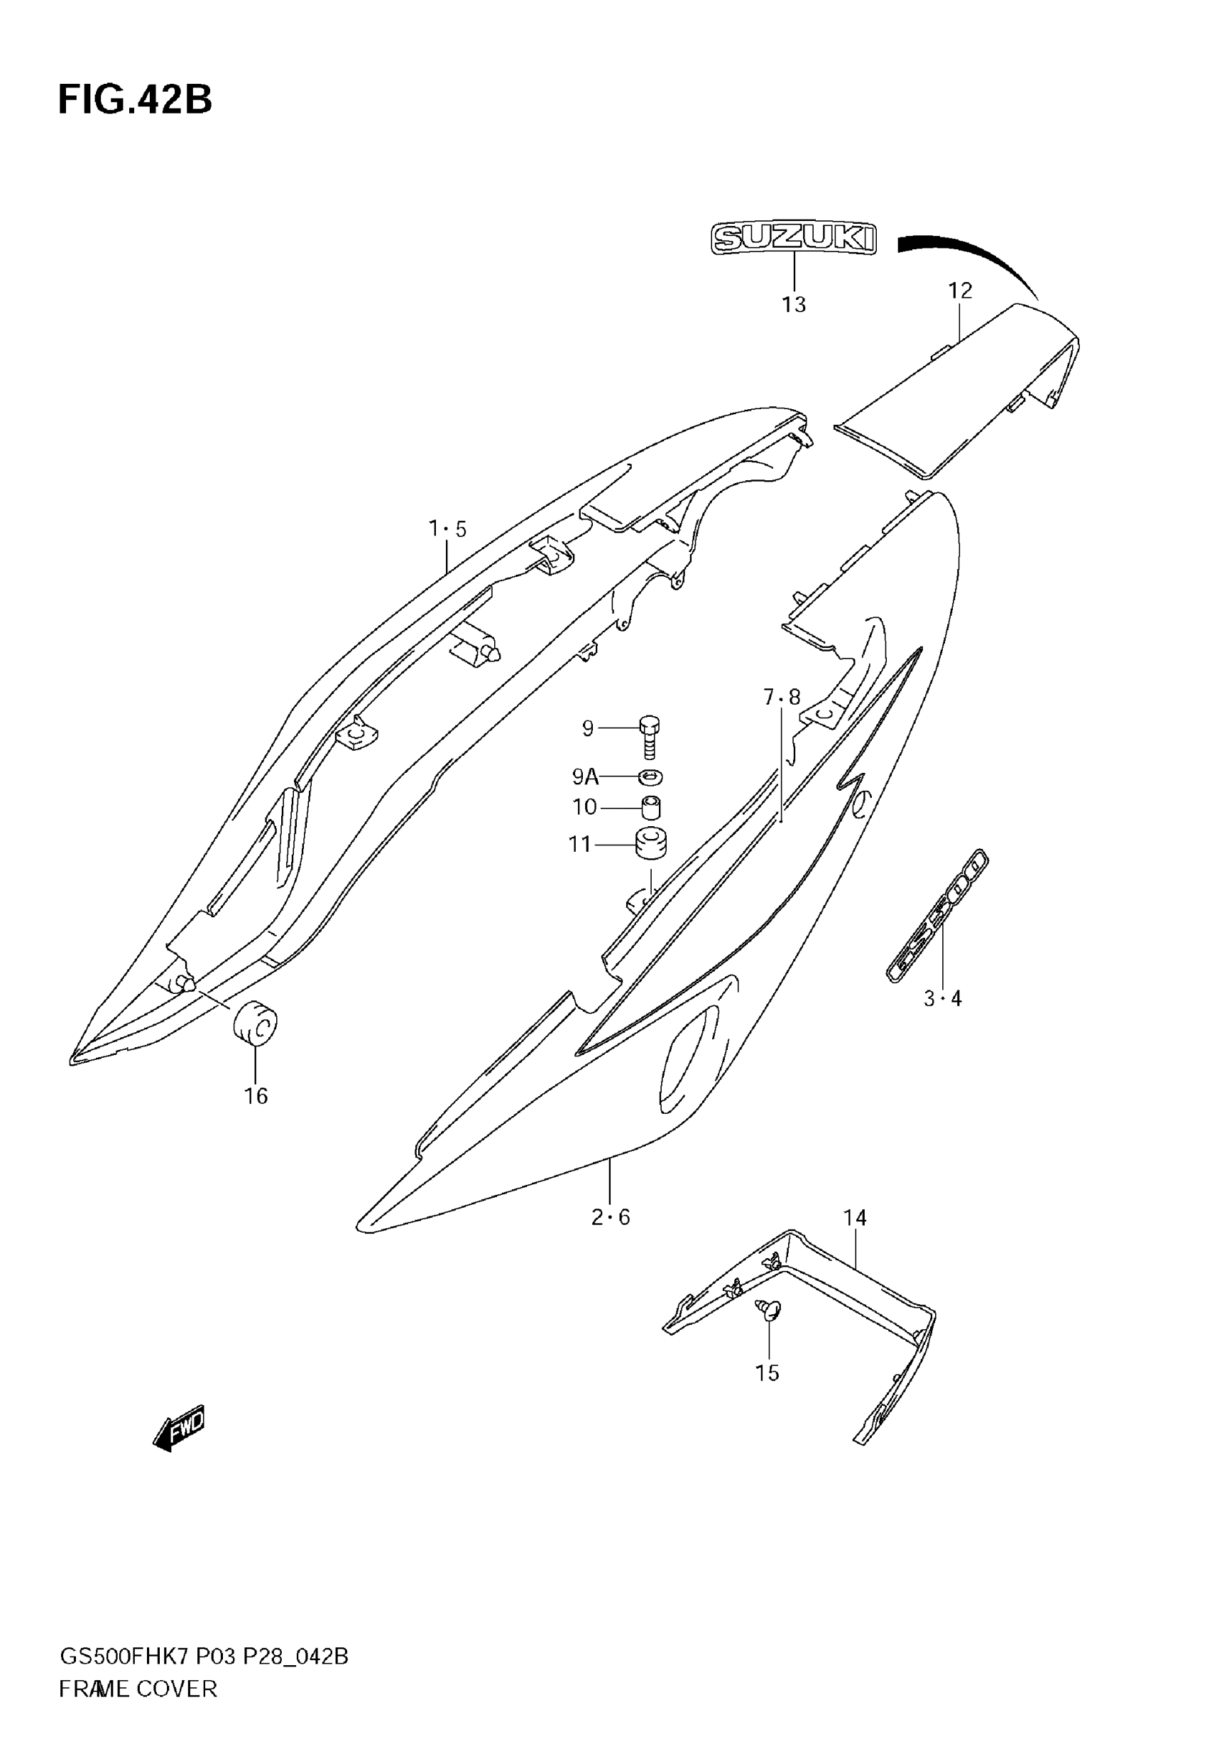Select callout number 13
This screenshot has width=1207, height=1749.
[x=793, y=304]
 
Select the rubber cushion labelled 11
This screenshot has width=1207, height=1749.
[x=650, y=844]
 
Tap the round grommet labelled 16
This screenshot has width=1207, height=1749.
[x=255, y=1024]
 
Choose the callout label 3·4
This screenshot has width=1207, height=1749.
[x=942, y=999]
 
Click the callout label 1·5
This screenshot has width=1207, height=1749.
[x=448, y=529]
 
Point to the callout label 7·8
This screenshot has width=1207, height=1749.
[x=781, y=697]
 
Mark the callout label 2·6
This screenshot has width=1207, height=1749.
[x=611, y=1217]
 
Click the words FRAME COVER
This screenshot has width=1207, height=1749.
[x=138, y=1689]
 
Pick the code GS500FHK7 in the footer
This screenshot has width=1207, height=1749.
[x=124, y=1657]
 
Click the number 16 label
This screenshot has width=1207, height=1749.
[x=256, y=1096]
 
